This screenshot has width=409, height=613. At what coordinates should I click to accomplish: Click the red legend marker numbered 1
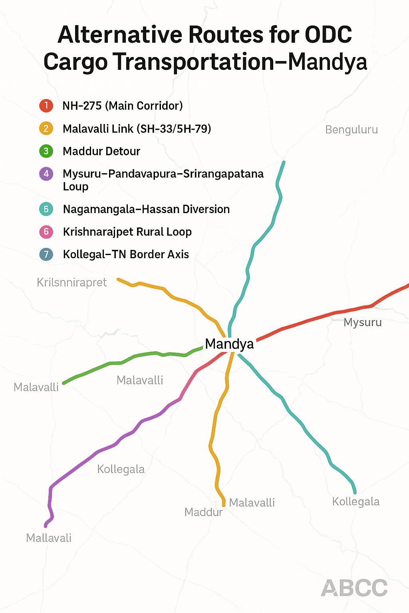coord(46,106)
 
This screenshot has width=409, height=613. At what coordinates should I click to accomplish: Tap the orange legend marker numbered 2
coord(46,129)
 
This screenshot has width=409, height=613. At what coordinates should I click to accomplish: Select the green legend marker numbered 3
coord(46,151)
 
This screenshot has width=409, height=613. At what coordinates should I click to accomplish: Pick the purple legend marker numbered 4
coord(46,174)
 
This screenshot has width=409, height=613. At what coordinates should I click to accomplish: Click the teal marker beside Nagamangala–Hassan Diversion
coord(46,209)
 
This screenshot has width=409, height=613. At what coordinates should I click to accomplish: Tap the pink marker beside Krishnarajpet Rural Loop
coord(46,232)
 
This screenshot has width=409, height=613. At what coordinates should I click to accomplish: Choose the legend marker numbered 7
coord(46,255)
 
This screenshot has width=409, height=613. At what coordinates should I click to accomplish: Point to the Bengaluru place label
coord(351,130)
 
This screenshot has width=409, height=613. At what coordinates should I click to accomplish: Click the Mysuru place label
coord(362,322)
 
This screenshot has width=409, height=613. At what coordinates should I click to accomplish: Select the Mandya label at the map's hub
coord(229,344)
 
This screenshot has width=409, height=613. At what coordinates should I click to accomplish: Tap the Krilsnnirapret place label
coord(71,283)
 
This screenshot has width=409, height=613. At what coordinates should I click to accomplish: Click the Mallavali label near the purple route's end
coord(49,538)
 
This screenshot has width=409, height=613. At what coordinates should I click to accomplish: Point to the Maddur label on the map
coord(203,512)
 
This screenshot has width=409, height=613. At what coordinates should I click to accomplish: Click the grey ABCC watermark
coord(354,588)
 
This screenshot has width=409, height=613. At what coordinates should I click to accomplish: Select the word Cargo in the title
coord(75,62)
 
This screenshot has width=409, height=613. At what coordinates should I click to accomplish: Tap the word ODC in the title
coord(328,35)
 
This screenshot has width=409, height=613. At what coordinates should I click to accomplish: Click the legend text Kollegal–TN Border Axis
coord(126,255)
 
